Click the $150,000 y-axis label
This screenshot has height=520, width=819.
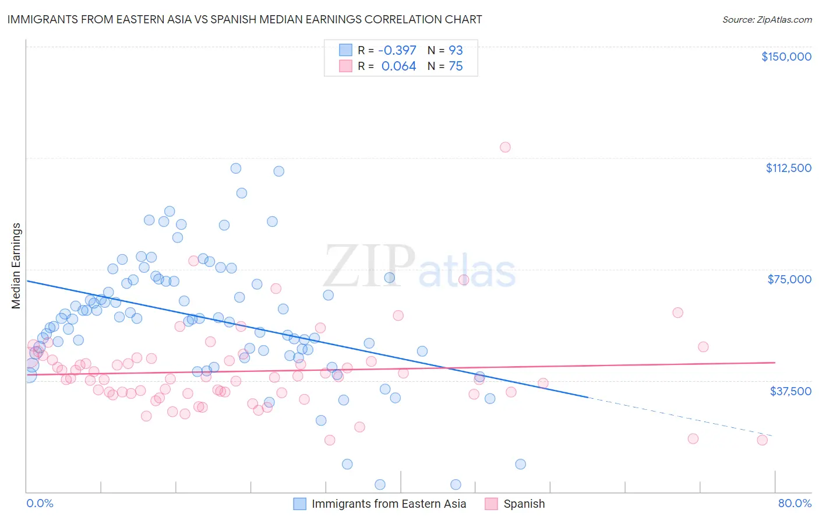(x=786, y=57)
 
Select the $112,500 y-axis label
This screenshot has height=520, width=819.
(x=788, y=168)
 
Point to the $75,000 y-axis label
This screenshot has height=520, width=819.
(x=789, y=279)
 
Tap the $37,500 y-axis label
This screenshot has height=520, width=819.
(x=790, y=391)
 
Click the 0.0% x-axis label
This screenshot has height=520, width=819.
(x=40, y=503)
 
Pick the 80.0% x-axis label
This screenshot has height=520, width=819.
(x=795, y=503)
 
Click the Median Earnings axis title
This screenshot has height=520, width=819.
(x=16, y=266)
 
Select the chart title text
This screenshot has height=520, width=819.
(x=244, y=19)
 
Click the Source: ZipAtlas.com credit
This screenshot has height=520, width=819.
(x=767, y=20)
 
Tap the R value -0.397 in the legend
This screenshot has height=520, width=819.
(x=397, y=51)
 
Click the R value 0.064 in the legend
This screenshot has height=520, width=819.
(x=398, y=66)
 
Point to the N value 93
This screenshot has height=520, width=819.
(x=456, y=51)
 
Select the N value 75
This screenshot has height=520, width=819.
(x=456, y=66)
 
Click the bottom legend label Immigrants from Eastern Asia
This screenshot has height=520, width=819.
(x=389, y=504)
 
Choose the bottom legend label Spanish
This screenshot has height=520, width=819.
(x=524, y=504)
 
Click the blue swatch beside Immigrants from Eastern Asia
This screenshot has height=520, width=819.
(x=299, y=504)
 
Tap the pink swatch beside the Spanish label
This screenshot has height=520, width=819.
(x=492, y=504)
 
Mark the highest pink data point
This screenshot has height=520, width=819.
(x=505, y=147)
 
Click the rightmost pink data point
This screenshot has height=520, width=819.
(x=762, y=440)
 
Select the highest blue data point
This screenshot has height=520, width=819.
(x=236, y=168)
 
